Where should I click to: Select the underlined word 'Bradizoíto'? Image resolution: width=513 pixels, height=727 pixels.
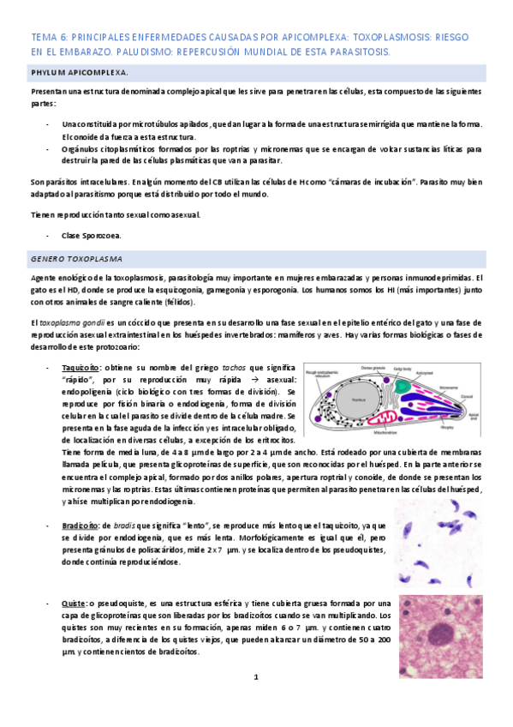79,525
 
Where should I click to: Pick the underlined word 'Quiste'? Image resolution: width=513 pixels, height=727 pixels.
73,604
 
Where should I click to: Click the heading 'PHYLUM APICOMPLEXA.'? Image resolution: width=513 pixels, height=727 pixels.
74,73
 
